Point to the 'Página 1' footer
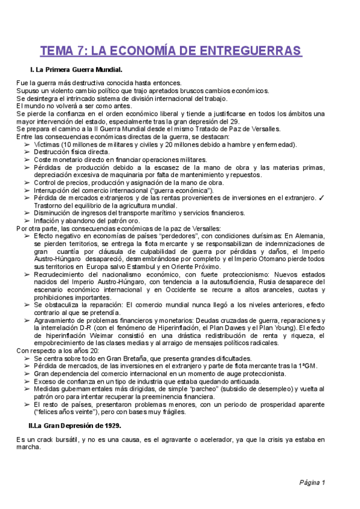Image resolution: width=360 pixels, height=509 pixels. click(312, 483)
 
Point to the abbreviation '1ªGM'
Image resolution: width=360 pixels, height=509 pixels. click(307, 366)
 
